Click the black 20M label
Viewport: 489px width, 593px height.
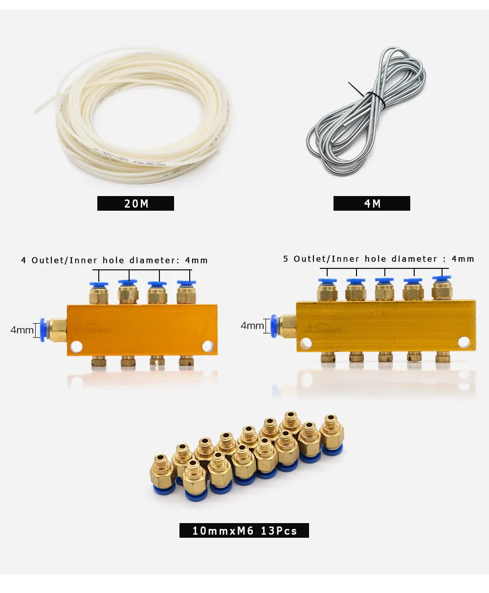point(135,203)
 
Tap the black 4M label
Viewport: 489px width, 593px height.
point(372,203)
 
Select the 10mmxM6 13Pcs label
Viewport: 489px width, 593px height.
point(244,530)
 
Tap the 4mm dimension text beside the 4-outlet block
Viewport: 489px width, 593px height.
point(22,330)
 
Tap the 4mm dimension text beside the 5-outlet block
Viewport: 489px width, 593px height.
point(252,325)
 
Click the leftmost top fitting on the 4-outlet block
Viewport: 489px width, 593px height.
point(99,292)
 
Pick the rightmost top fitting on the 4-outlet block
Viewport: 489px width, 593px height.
point(186,292)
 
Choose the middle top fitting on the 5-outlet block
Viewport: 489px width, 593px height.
point(384,289)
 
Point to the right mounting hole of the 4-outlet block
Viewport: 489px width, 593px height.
point(208,346)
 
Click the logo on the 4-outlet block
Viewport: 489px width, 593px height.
point(93,329)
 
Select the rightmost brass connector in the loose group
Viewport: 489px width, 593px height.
point(332,433)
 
